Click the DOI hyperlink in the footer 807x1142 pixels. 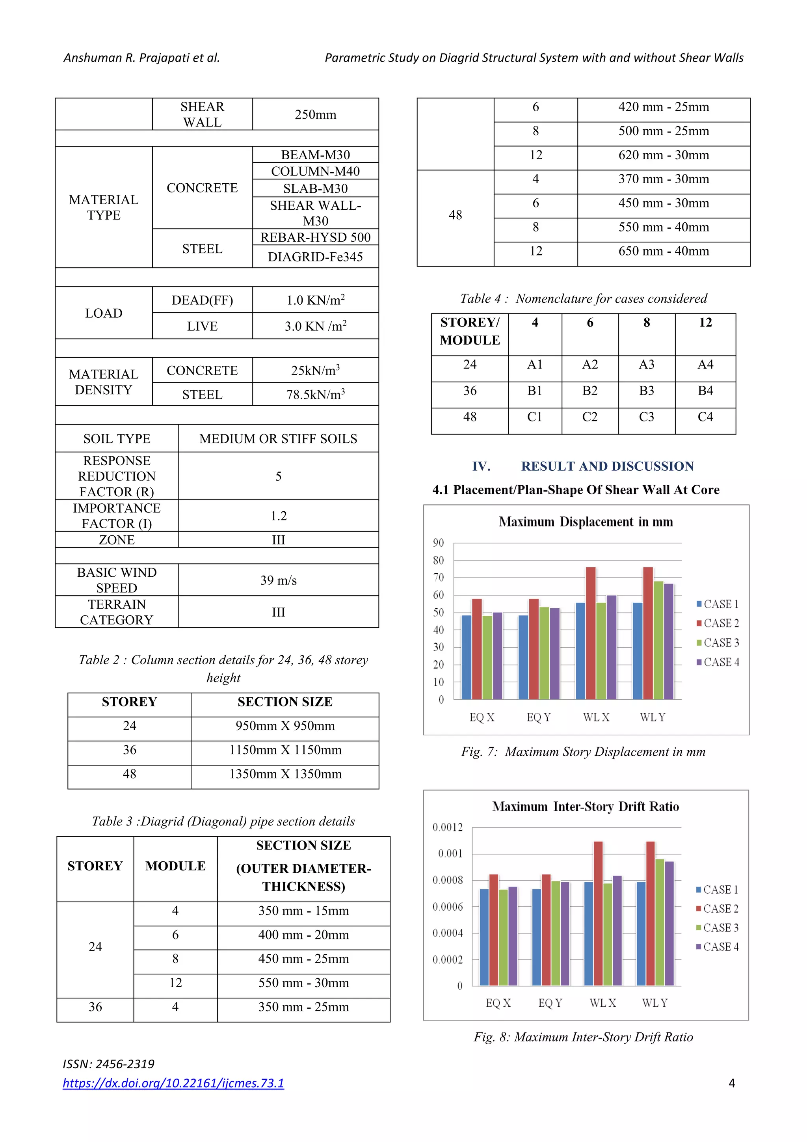click(173, 1083)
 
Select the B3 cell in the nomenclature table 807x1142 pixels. click(646, 391)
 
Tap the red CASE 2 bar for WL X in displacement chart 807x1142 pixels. click(591, 633)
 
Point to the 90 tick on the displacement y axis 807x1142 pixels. click(438, 543)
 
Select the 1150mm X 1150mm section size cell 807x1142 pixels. click(285, 750)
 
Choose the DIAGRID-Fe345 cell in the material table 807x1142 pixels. click(315, 257)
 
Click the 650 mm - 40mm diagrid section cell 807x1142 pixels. click(663, 251)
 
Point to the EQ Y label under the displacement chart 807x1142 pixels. click(539, 717)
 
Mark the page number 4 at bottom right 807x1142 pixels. click(731, 1083)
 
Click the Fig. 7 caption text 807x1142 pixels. click(583, 752)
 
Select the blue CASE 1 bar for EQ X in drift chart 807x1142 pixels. click(484, 937)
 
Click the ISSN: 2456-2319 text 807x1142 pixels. click(108, 1064)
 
